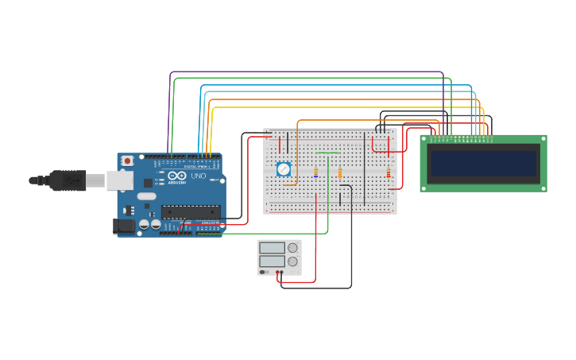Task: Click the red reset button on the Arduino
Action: (127, 161)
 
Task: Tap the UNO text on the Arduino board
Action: (199, 176)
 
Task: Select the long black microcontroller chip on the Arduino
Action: (190, 211)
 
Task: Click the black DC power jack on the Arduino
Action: (124, 226)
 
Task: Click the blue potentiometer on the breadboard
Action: (284, 169)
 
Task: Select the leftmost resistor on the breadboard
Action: (315, 172)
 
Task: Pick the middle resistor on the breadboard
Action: (340, 172)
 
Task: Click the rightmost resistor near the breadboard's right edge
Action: (388, 172)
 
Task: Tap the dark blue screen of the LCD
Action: (483, 163)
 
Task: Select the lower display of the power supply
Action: (272, 261)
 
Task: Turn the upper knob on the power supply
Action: (292, 248)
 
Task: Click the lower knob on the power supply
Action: (292, 261)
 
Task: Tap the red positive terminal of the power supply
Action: (277, 273)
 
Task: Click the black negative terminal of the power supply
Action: (282, 273)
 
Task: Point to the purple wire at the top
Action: (306, 72)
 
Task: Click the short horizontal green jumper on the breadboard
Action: (327, 153)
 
